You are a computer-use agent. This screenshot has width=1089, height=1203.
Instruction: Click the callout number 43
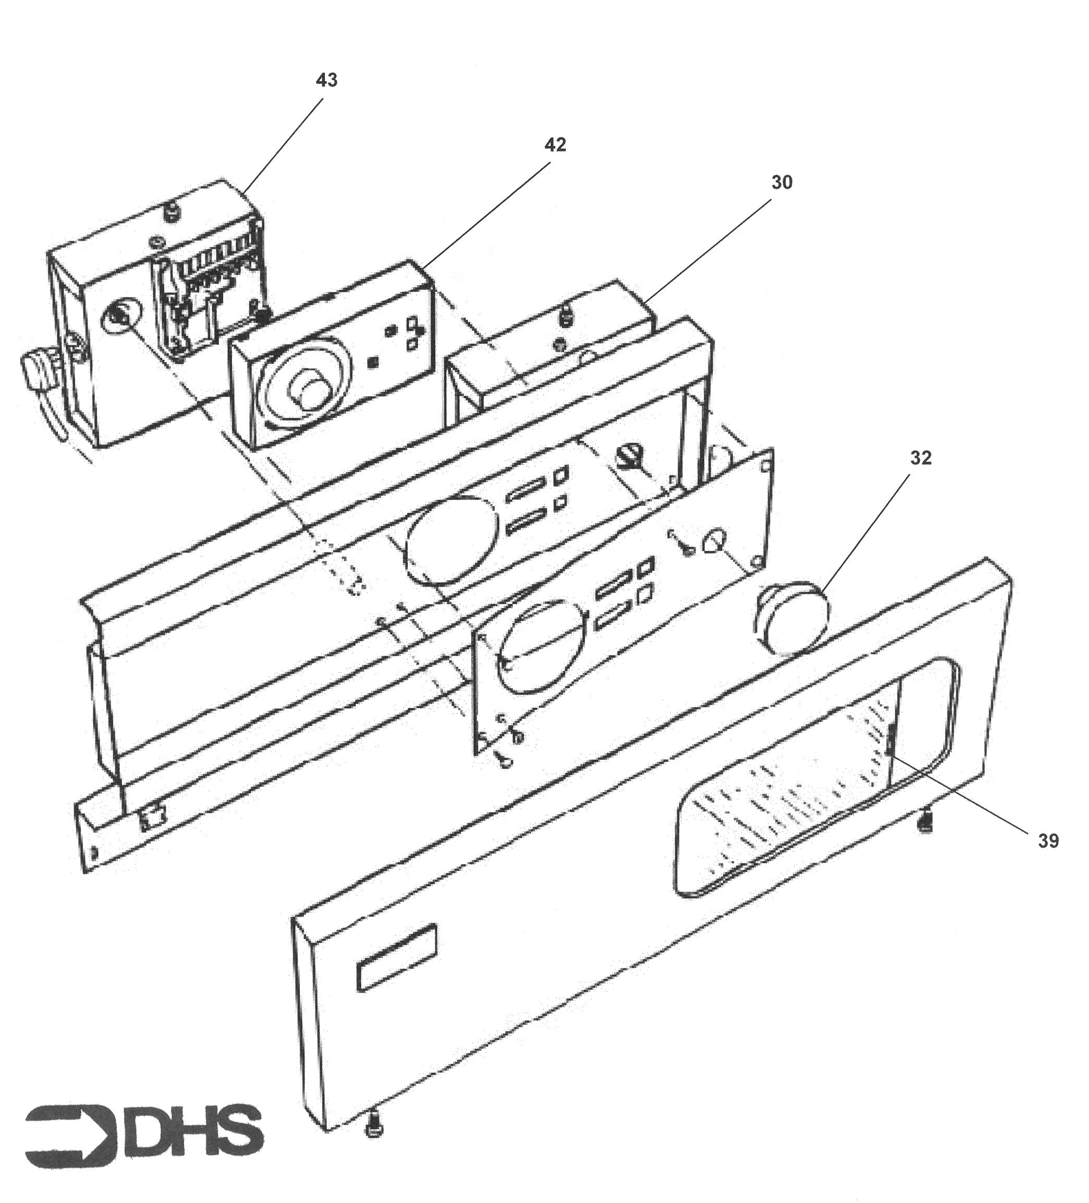click(326, 80)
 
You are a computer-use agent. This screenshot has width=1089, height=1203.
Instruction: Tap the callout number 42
click(555, 144)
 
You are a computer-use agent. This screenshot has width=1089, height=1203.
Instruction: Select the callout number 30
click(782, 182)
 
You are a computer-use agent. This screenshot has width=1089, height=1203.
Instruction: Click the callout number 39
click(1048, 841)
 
